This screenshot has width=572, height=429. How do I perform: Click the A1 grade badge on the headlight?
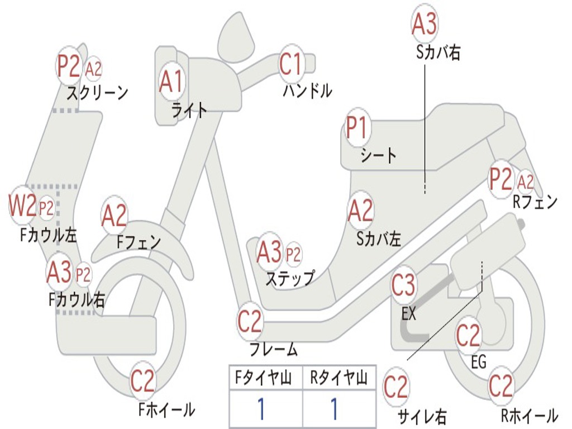point(171,82)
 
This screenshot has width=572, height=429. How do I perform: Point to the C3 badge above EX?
point(403,285)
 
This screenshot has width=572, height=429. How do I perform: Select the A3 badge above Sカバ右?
point(424,24)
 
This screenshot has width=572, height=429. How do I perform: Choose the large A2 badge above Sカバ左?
point(360,211)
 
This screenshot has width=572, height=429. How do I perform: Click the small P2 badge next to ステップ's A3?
point(293,255)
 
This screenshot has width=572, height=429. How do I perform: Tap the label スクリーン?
point(98,92)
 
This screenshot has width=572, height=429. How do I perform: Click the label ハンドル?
point(307,90)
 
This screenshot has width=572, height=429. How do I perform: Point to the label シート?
point(379,155)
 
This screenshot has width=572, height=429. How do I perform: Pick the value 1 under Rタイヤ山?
point(334,409)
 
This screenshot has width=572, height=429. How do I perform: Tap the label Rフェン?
point(535,202)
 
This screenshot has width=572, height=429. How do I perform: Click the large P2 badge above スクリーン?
point(69,66)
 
